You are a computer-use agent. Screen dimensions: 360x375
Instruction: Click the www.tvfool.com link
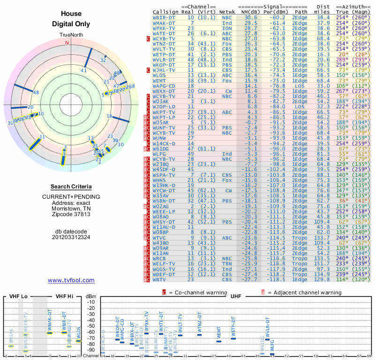coord(71,280)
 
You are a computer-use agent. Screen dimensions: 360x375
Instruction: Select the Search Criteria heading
coord(71,187)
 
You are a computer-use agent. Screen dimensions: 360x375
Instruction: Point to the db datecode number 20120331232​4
coord(71,237)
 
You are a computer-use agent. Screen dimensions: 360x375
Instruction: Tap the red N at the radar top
coord(67,43)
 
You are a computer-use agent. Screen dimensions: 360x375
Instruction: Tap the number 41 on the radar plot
coord(84,71)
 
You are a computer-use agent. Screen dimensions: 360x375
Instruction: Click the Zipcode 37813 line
coord(71,214)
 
